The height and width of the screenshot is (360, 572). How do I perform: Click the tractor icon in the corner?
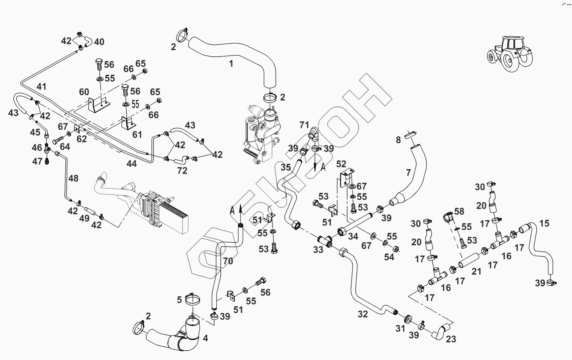pyautogui.click(x=510, y=53)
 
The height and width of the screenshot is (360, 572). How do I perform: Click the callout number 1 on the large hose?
pyautogui.click(x=231, y=63)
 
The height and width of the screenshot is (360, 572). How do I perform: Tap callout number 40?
pyautogui.click(x=99, y=42)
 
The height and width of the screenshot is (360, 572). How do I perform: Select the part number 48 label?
pyautogui.click(x=73, y=178)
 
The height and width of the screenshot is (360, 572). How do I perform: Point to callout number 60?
pyautogui.click(x=84, y=92)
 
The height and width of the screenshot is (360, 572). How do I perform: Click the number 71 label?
pyautogui.click(x=304, y=125)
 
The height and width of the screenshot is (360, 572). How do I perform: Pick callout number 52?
pyautogui.click(x=341, y=164)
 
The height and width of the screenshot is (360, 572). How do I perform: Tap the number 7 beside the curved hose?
pyautogui.click(x=408, y=172)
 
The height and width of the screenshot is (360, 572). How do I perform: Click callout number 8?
pyautogui.click(x=398, y=140)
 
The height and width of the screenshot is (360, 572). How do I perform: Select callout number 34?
pyautogui.click(x=353, y=237)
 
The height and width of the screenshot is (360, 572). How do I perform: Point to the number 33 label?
pyautogui.click(x=318, y=250)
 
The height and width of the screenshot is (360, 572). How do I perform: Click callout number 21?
pyautogui.click(x=476, y=272)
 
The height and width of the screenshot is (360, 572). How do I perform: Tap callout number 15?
pyautogui.click(x=544, y=223)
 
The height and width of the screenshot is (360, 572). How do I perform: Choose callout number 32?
pyautogui.click(x=363, y=314)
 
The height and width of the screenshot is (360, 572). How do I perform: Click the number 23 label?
pyautogui.click(x=451, y=339)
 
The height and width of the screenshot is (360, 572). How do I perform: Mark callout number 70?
pyautogui.click(x=228, y=261)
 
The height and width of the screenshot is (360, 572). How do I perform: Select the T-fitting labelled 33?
pyautogui.click(x=325, y=241)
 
